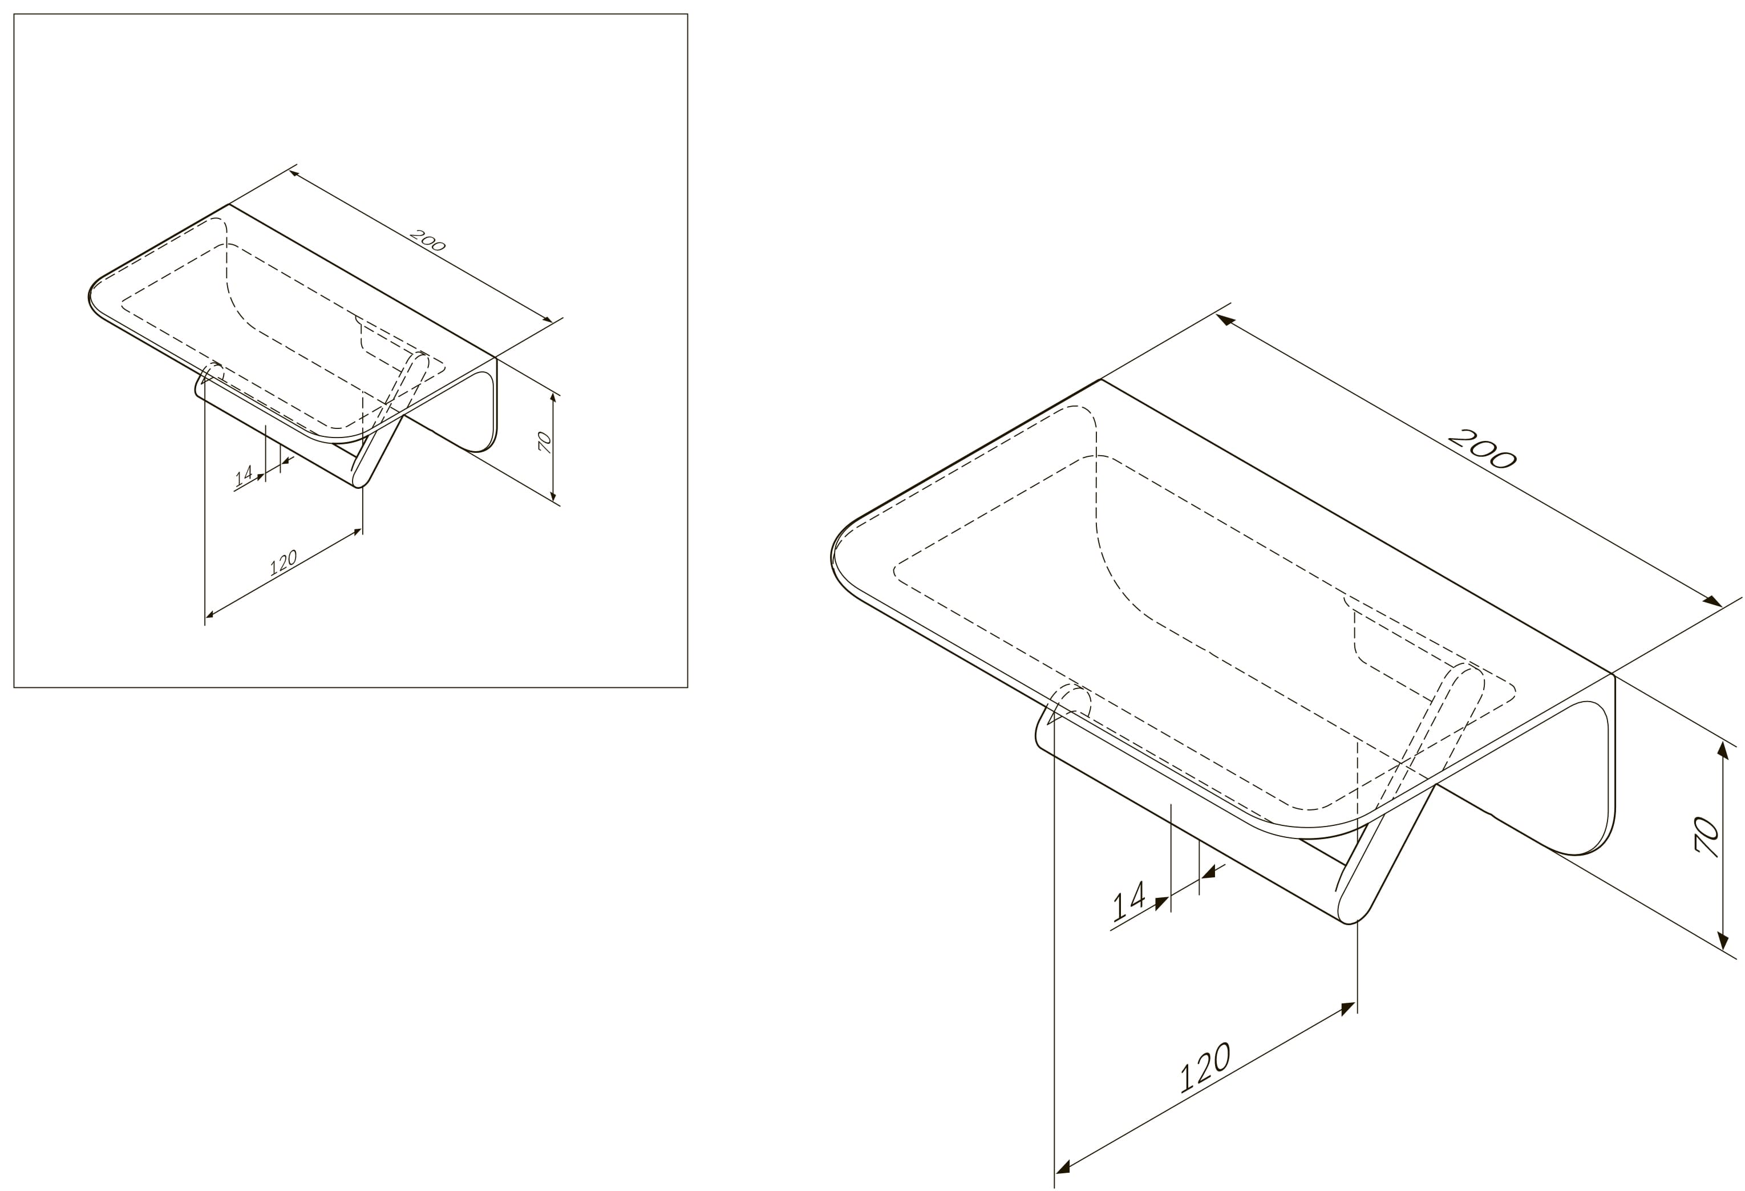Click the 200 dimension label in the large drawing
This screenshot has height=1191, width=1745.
(1481, 448)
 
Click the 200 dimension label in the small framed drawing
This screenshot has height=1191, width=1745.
(428, 240)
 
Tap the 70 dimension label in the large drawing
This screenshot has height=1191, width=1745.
(1707, 837)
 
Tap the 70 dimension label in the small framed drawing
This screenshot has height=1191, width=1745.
(545, 442)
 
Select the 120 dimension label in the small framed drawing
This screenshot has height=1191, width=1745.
(283, 562)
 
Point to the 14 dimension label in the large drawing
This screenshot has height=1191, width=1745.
(1128, 901)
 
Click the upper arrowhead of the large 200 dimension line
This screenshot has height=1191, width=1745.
(1225, 320)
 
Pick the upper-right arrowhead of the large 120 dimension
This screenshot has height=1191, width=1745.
(1348, 1008)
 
